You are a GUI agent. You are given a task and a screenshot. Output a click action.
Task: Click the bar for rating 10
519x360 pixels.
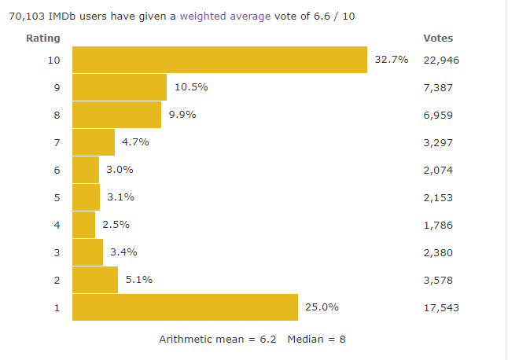click(x=219, y=60)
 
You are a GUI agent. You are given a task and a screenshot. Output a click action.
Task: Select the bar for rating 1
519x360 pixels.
click(x=185, y=307)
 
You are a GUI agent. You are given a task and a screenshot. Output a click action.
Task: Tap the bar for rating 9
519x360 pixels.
click(x=120, y=87)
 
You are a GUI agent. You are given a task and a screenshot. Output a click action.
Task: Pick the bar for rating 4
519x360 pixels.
click(x=83, y=225)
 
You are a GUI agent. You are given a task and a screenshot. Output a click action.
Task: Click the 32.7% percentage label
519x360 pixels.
click(x=391, y=60)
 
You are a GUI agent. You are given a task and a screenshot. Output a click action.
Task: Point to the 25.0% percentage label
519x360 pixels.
click(x=322, y=307)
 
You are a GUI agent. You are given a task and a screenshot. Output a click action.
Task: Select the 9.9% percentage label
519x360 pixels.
click(x=182, y=115)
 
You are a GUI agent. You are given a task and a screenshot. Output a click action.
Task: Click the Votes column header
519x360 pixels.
click(x=438, y=38)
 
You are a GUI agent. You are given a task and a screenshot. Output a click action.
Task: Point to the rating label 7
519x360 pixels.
click(x=57, y=142)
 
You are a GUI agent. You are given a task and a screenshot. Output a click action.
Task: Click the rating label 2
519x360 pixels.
click(x=57, y=280)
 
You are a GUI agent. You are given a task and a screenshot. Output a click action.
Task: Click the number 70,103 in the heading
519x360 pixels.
click(x=26, y=16)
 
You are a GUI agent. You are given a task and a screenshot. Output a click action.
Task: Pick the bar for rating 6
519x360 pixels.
click(x=86, y=170)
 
